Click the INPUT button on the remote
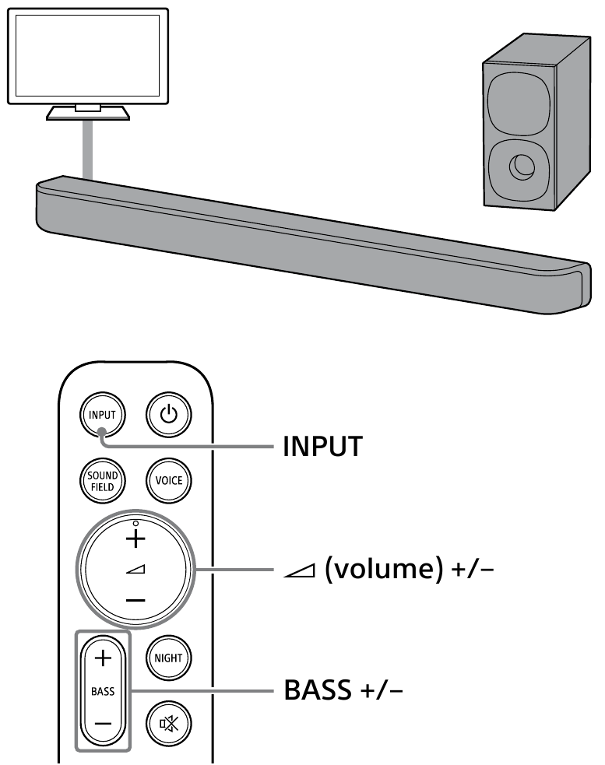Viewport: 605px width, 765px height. pyautogui.click(x=102, y=415)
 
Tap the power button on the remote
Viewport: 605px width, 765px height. pyautogui.click(x=167, y=415)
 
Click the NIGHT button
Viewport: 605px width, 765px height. pyautogui.click(x=167, y=658)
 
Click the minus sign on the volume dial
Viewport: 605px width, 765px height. pyautogui.click(x=135, y=600)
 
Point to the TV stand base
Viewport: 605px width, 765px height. pyautogui.click(x=88, y=114)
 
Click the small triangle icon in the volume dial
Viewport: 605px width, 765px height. pyautogui.click(x=135, y=570)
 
